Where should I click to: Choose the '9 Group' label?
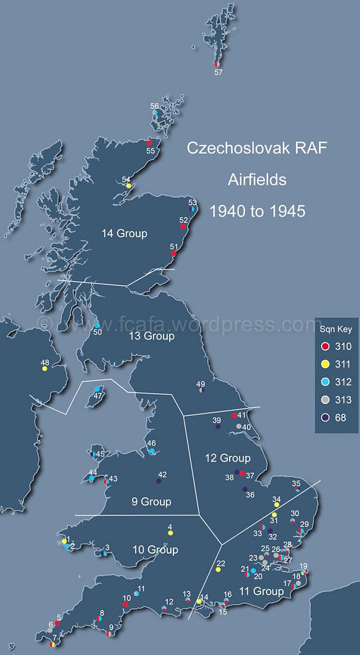point(151,502)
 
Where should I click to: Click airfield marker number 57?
point(216,64)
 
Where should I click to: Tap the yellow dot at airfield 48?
point(45,368)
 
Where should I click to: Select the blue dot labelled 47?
point(97,389)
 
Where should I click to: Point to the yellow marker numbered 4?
point(170,532)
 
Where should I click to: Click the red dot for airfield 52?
point(182,226)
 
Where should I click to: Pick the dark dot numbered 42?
point(158,481)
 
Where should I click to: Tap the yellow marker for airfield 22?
point(217,569)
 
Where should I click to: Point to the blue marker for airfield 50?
point(96,326)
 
